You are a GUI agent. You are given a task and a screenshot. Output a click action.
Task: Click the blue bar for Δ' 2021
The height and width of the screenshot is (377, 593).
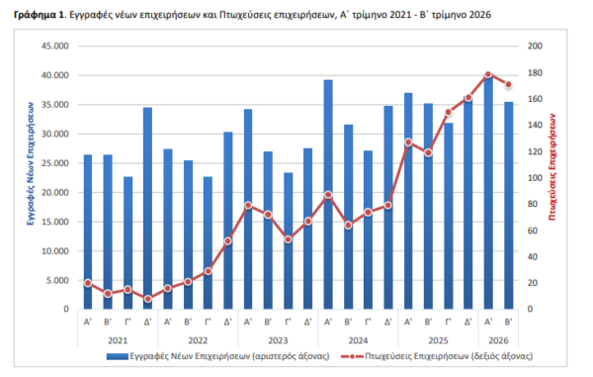tap(147, 208)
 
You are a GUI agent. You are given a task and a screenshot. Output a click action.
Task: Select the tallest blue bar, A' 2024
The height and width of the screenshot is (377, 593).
tap(328, 195)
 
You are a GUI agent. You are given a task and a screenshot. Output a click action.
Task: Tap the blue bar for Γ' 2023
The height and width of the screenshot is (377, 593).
tap(289, 240)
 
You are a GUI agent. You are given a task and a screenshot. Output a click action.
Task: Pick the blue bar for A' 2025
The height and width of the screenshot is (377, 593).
tap(408, 201)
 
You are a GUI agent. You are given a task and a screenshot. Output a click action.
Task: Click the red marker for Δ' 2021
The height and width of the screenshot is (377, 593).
tap(148, 299)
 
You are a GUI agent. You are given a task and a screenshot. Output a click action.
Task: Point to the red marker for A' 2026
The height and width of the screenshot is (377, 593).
tap(488, 74)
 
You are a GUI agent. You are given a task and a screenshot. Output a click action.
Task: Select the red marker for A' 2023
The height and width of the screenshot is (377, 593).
tap(248, 206)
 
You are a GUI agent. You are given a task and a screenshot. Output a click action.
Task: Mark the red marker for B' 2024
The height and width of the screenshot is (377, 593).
tap(348, 226)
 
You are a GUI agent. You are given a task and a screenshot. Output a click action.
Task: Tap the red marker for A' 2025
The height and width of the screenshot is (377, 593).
tap(408, 142)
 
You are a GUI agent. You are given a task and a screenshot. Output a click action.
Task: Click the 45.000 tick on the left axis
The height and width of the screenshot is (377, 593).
tap(55, 46)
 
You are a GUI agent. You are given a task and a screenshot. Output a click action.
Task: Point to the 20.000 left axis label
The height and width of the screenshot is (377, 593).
tap(55, 192)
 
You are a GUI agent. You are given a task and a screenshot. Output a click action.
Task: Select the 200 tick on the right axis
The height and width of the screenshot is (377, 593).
tap(535, 46)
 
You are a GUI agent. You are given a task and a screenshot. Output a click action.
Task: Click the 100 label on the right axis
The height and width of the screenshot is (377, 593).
tap(535, 178)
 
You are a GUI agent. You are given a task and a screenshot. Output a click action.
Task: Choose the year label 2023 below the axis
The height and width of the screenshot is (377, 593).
tap(278, 340)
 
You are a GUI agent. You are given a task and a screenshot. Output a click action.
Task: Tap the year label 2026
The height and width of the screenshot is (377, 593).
tap(498, 340)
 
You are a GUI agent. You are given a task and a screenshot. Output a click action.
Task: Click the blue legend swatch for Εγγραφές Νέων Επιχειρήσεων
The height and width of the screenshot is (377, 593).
tap(118, 356)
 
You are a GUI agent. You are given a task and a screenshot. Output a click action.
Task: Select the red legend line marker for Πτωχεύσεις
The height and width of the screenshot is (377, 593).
tap(352, 356)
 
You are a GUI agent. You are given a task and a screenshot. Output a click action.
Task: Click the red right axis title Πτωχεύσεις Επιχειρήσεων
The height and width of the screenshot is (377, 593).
tap(552, 167)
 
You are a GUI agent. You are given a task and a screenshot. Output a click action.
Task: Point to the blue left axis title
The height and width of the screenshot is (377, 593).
tap(31, 163)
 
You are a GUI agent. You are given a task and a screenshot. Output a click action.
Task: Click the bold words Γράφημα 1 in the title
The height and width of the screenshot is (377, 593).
tap(39, 15)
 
